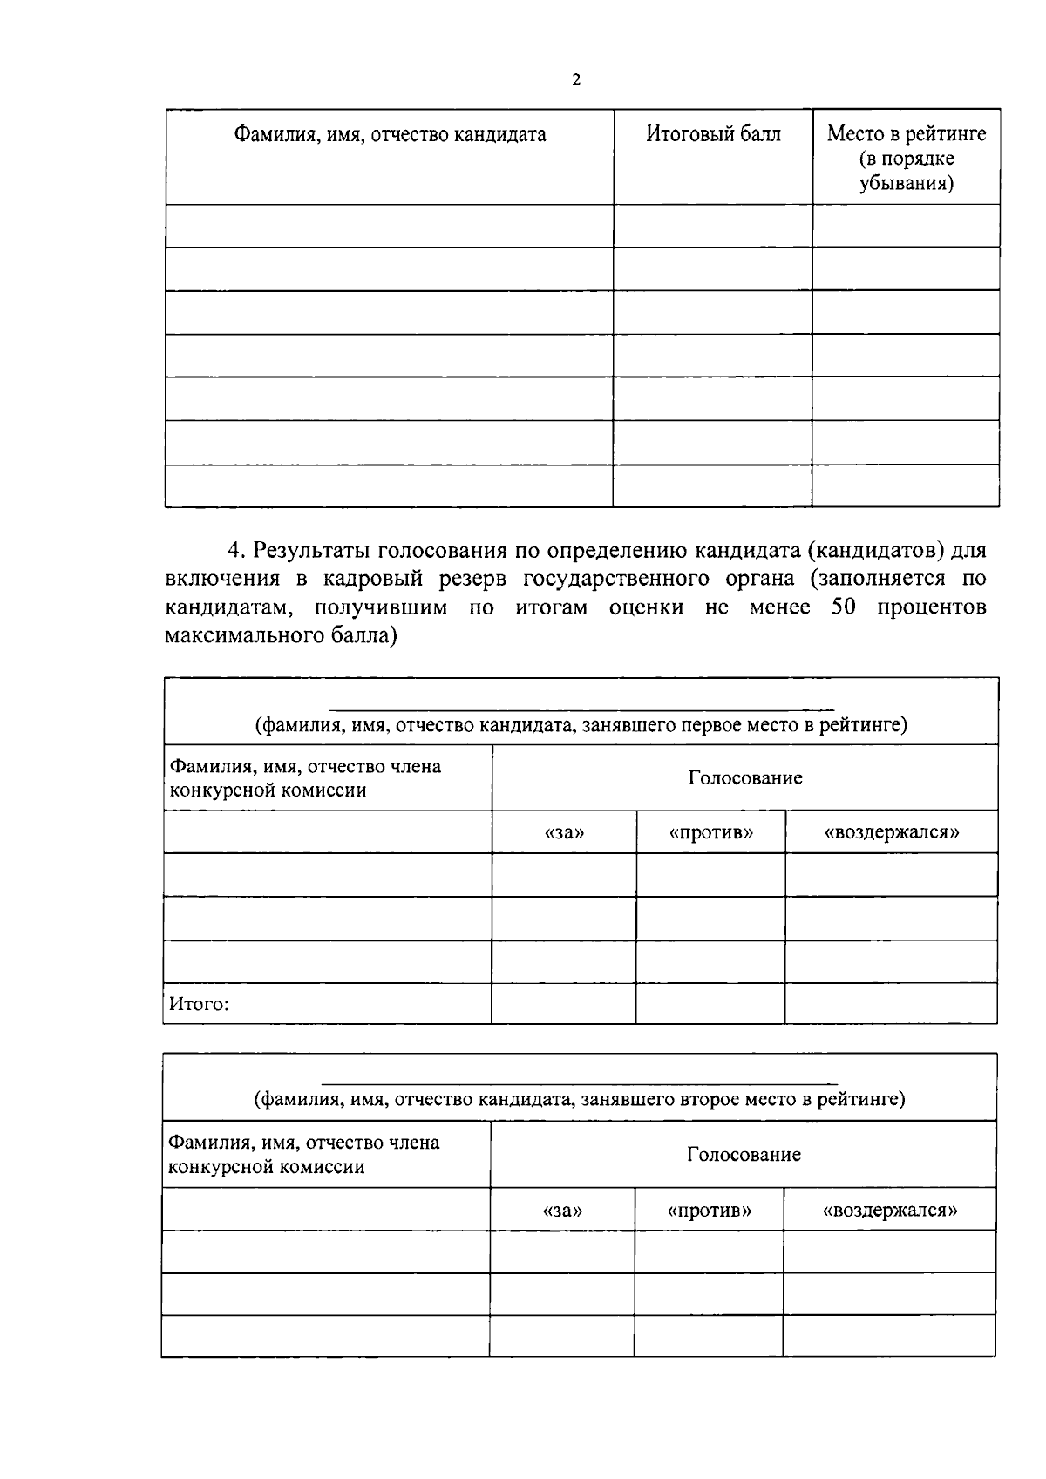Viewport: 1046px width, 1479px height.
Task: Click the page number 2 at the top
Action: [x=575, y=80]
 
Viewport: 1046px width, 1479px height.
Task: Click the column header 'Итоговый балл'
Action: [x=713, y=134]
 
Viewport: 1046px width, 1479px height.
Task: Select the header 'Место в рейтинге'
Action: [x=907, y=134]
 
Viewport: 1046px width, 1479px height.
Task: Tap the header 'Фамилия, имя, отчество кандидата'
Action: [x=390, y=134]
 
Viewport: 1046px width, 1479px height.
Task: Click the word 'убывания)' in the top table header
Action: [x=906, y=184]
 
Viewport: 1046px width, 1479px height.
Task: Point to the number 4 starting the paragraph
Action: [x=233, y=551]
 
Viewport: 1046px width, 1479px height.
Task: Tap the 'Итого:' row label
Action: [x=199, y=1004]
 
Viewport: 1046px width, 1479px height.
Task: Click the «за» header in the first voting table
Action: [x=564, y=832]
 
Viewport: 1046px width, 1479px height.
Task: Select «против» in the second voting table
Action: [x=709, y=1211]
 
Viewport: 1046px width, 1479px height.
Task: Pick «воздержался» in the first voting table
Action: [x=892, y=832]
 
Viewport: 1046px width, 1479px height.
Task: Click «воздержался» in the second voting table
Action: [x=890, y=1211]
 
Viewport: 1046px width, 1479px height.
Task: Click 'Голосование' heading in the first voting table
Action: [x=745, y=778]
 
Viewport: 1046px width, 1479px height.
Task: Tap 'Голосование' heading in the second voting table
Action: [x=744, y=1156]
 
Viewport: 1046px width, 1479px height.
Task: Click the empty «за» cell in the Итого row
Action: [x=564, y=1004]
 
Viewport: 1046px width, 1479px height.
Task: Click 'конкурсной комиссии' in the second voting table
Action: [x=266, y=1168]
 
